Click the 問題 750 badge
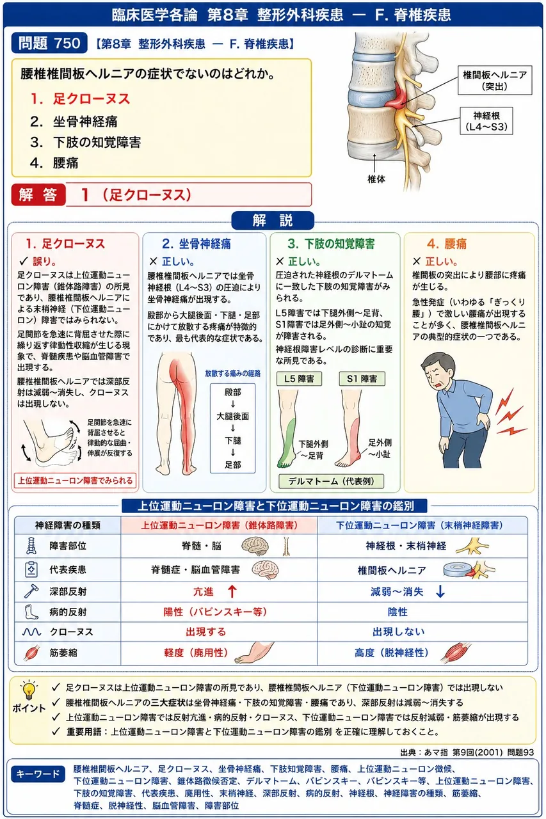49,43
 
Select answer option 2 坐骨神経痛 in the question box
74,122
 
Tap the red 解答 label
38,195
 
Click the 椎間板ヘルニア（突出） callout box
494,80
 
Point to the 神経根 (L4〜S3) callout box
486,121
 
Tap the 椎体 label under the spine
376,179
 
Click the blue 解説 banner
273,221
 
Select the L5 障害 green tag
299,379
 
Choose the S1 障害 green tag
362,379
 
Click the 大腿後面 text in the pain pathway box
232,416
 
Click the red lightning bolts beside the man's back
510,413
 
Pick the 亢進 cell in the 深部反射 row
203,592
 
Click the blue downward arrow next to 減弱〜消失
440,592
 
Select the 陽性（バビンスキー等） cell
215,612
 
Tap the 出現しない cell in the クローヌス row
399,632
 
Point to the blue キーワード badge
38,774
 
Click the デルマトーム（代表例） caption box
332,481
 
